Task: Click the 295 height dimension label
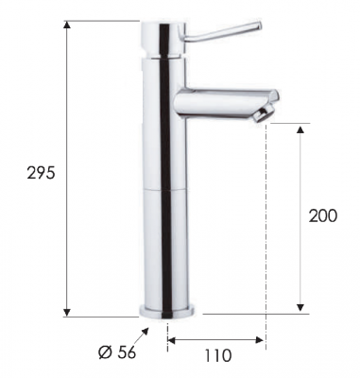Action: (x=41, y=173)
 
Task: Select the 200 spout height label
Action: (x=322, y=215)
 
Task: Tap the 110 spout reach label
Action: (x=218, y=355)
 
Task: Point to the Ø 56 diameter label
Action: (x=117, y=352)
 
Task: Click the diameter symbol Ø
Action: (x=105, y=352)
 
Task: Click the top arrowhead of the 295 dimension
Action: (x=66, y=25)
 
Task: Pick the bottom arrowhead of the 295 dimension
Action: (x=66, y=312)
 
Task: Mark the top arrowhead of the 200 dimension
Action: (x=300, y=130)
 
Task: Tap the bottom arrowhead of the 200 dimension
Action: (x=300, y=308)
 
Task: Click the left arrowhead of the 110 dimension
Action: (x=172, y=340)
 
